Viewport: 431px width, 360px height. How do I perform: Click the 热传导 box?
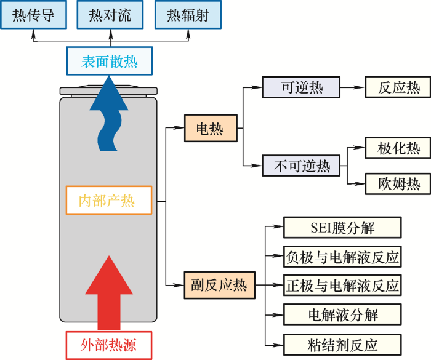tap(33, 15)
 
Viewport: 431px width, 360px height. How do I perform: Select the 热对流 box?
tap(110, 15)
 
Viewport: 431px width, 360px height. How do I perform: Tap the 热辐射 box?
tap(188, 15)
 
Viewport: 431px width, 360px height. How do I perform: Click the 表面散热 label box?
tap(110, 61)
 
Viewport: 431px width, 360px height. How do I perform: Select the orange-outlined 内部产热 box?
tap(109, 200)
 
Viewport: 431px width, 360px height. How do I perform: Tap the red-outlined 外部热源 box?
tap(109, 345)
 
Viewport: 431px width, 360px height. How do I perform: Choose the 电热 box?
tap(211, 128)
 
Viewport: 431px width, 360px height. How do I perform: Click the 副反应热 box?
tap(219, 286)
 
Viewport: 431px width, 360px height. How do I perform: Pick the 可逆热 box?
tap(301, 87)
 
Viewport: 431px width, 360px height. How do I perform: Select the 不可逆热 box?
tap(301, 166)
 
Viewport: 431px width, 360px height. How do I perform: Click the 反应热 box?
tap(398, 87)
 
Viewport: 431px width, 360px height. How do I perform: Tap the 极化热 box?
tap(398, 148)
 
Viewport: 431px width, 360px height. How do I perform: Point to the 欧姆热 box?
tap(398, 184)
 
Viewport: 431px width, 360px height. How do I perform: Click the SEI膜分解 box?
tap(342, 228)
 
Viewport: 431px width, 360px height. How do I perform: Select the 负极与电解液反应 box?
tap(342, 257)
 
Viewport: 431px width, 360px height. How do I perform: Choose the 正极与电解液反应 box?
tap(342, 286)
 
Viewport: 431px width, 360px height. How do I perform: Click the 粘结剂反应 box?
tap(342, 345)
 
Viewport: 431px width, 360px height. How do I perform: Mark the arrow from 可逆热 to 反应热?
tap(353, 87)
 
